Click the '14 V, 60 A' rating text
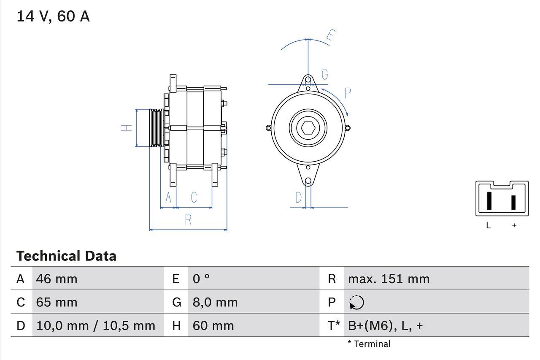coord(53,16)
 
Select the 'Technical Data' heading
coord(66,256)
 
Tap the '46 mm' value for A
coord(57,279)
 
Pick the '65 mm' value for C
coord(57,302)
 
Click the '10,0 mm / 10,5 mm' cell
coord(96,325)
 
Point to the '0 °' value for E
coord(201,279)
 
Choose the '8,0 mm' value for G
coord(215,302)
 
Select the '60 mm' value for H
coord(213,325)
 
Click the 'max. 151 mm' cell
coord(389,279)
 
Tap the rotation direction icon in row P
coord(356,302)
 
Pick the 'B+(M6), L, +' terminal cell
coord(385,325)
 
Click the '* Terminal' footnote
coord(369,344)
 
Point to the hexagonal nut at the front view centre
coord(308,128)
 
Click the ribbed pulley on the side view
coord(157,128)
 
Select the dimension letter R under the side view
coord(189,219)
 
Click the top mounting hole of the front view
coord(308,79)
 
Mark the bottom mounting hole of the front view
coord(308,181)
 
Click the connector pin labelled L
coord(489,201)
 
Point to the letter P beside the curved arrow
coord(348,93)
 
